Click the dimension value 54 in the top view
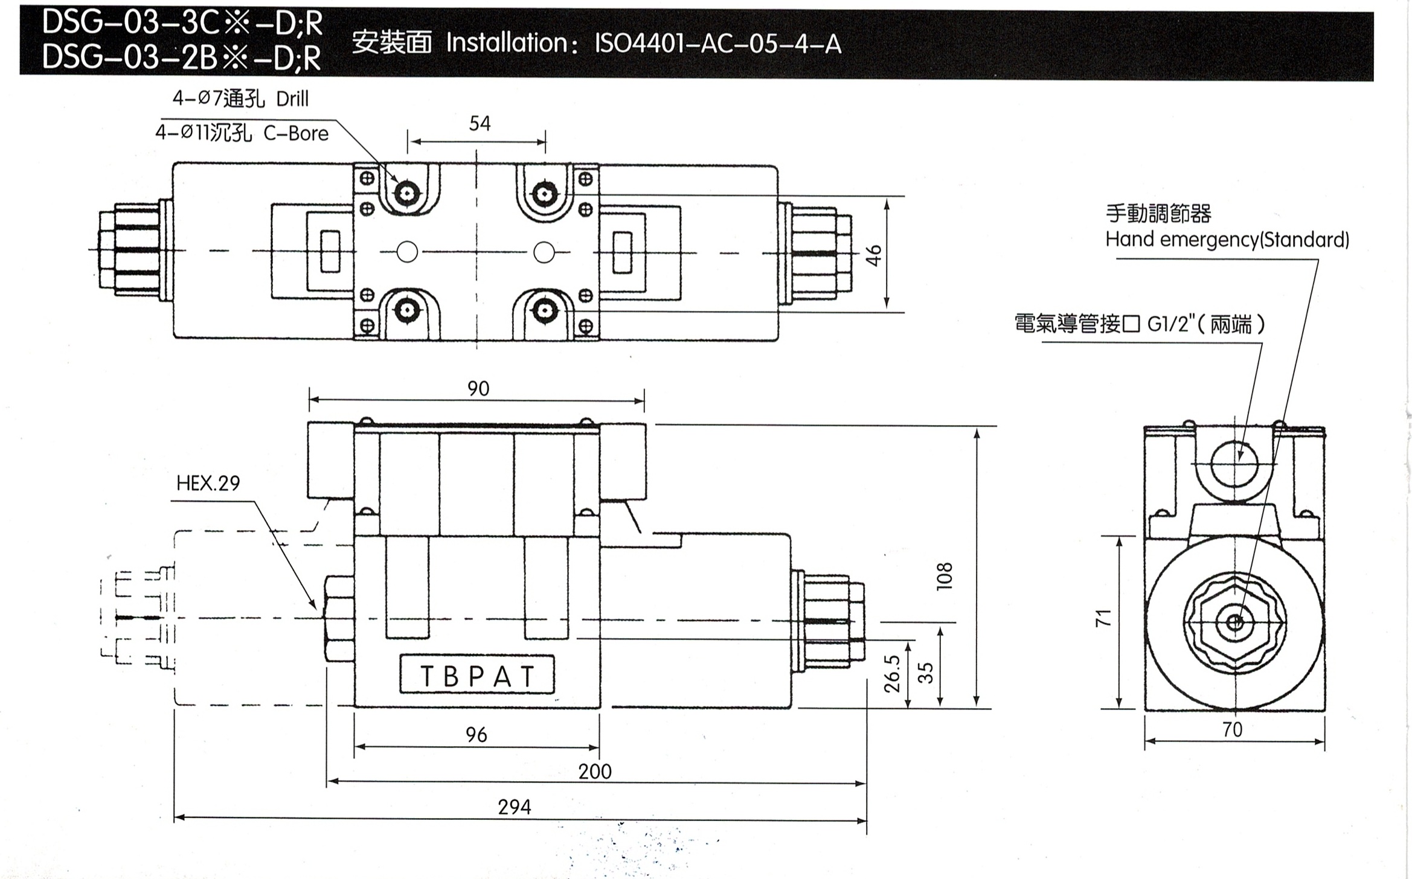click(x=480, y=124)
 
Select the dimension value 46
click(x=874, y=255)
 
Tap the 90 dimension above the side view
click(x=478, y=388)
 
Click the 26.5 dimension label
click(x=892, y=673)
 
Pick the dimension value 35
click(x=925, y=673)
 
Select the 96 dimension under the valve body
click(x=476, y=735)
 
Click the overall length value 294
click(x=514, y=807)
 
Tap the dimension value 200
click(x=594, y=772)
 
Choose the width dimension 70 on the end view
click(x=1232, y=730)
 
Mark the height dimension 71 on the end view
click(x=1103, y=618)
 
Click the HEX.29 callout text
click(x=208, y=483)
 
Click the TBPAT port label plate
click(x=477, y=676)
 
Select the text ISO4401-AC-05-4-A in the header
click(x=717, y=44)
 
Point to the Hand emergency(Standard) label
click(x=1227, y=240)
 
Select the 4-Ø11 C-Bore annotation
click(x=242, y=133)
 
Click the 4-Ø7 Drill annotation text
click(x=240, y=99)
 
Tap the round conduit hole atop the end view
click(x=1234, y=464)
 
